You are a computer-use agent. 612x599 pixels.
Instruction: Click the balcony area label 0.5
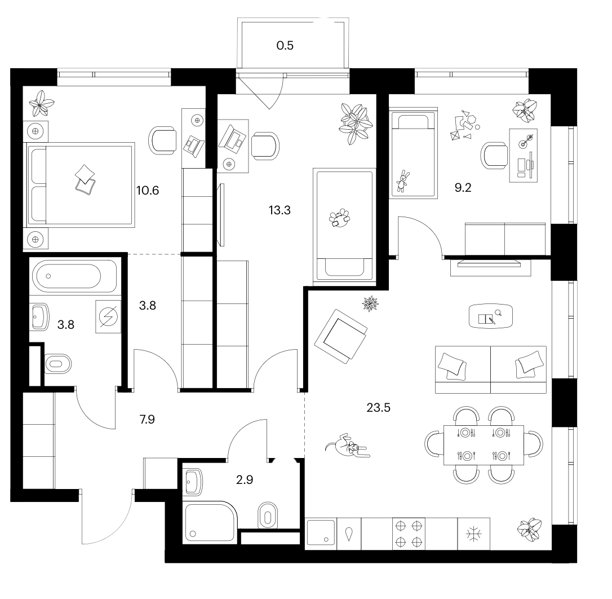[x=285, y=45]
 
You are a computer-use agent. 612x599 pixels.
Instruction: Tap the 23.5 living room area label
[x=378, y=408]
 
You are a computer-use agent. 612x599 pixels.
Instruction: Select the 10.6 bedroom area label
[x=148, y=190]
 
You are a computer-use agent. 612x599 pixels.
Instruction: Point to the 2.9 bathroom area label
[x=245, y=479]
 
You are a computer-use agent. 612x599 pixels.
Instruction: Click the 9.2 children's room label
[x=463, y=188]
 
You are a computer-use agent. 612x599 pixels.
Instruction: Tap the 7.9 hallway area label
[x=147, y=419]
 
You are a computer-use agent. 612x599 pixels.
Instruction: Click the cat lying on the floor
[x=347, y=446]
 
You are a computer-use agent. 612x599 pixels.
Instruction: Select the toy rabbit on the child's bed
[x=402, y=181]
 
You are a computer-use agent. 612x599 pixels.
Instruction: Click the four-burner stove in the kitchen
[x=409, y=534]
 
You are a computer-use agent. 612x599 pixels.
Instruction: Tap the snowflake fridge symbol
[x=473, y=534]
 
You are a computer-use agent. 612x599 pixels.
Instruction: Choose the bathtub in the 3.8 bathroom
[x=74, y=276]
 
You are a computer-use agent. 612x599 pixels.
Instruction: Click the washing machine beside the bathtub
[x=108, y=316]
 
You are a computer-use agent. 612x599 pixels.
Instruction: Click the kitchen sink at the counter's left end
[x=321, y=533]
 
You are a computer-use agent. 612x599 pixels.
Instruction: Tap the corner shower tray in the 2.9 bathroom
[x=210, y=523]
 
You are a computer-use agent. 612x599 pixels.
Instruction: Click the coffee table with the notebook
[x=490, y=316]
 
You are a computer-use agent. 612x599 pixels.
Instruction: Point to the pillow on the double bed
[x=86, y=179]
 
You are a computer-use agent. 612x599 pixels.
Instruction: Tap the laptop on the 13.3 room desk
[x=233, y=138]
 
